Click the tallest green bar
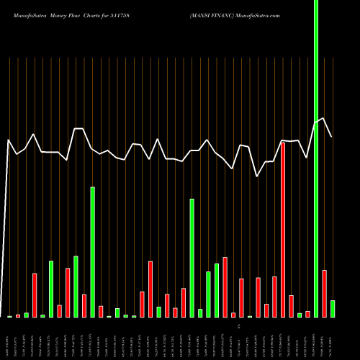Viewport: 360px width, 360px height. click(x=316, y=158)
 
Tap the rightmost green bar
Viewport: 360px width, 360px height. click(x=333, y=309)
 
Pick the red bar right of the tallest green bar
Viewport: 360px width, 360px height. click(x=325, y=294)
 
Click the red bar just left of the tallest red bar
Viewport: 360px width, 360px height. click(x=274, y=297)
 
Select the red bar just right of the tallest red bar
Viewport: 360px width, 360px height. click(x=291, y=306)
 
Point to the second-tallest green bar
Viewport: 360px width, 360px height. click(x=92, y=252)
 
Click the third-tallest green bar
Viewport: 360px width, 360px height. click(x=192, y=258)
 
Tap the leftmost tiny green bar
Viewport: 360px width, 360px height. click(x=10, y=316)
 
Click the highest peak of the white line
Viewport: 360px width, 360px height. click(x=324, y=119)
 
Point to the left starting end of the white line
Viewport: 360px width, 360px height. click(x=8, y=140)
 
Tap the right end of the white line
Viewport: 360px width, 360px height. click(x=332, y=137)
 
